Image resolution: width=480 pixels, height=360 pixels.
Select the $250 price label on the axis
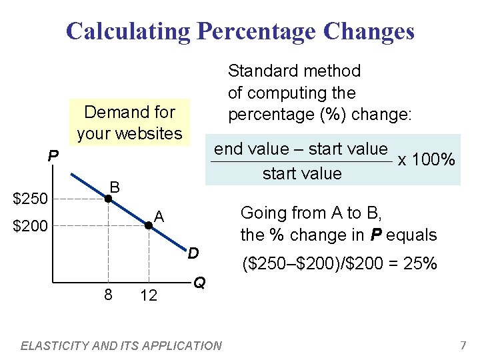(x=31, y=199)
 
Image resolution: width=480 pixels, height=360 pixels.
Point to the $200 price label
(x=31, y=227)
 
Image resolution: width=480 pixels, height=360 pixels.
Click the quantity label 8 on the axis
(x=107, y=294)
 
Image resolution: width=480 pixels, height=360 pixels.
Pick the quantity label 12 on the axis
(x=149, y=295)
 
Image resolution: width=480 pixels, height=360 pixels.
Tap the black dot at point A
(x=149, y=226)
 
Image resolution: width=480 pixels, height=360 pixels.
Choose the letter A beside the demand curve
(x=159, y=216)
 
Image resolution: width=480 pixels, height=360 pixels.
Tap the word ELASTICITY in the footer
(x=51, y=345)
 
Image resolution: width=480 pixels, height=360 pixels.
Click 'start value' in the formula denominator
(x=301, y=174)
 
